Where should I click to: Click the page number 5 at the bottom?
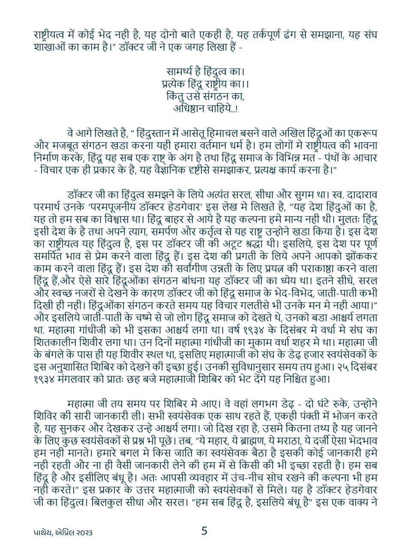tap(204, 531)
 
